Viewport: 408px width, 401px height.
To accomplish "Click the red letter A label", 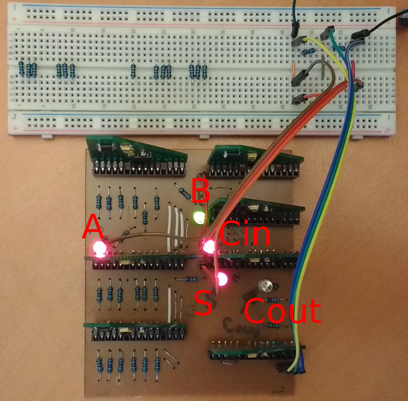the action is pos(92,227).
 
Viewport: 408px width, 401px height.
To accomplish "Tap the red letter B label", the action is pos(200,191).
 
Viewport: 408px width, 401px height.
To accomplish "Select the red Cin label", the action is pos(244,234).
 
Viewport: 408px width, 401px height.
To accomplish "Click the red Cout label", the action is pos(282,311).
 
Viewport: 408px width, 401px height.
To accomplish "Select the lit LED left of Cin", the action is pos(208,247).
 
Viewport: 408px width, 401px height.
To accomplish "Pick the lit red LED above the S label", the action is pos(221,279).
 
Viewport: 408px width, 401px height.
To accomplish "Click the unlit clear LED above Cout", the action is pos(265,285).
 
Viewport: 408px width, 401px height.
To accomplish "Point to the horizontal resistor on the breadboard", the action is pos(308,51).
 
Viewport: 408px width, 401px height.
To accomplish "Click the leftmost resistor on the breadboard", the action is pos(22,69).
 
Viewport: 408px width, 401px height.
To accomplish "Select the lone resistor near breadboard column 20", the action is pos(133,71).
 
